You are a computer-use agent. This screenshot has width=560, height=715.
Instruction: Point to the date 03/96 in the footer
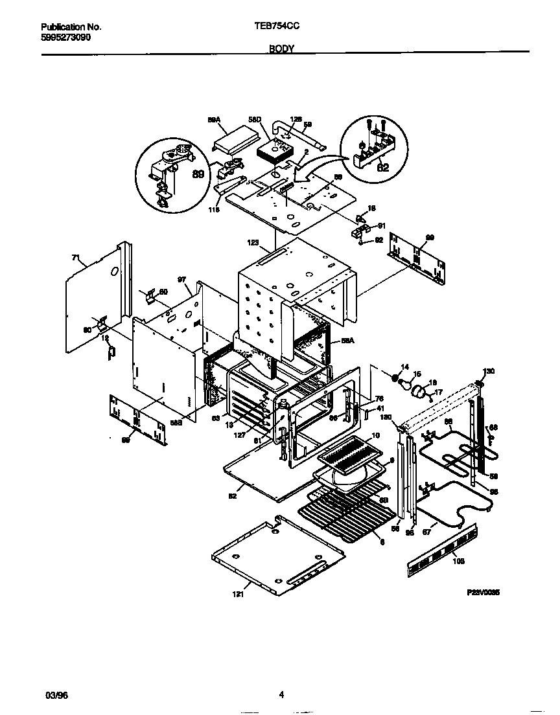tap(56, 696)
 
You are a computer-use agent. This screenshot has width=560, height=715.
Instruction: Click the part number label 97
tap(182, 280)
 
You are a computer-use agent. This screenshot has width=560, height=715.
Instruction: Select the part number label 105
tap(458, 562)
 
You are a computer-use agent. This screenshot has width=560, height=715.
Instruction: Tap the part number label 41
tap(380, 408)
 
